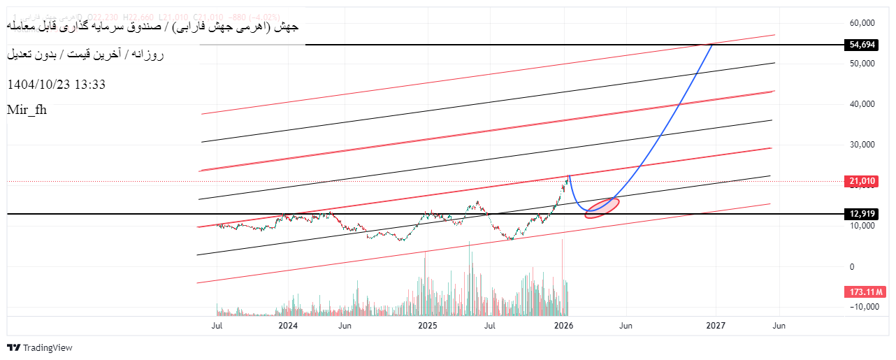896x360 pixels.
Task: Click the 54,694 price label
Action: (x=862, y=45)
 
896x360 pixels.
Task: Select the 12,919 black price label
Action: (x=862, y=213)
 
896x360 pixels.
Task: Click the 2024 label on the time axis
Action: (x=288, y=326)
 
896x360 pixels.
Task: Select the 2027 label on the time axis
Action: (x=716, y=326)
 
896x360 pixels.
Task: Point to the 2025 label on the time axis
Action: (x=427, y=326)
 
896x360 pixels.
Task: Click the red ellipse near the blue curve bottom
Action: (x=602, y=208)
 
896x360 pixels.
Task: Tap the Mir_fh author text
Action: (x=27, y=109)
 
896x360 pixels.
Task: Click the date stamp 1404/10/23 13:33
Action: (x=56, y=85)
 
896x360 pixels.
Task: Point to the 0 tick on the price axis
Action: (x=851, y=266)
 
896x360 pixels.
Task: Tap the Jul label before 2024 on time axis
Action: (x=217, y=326)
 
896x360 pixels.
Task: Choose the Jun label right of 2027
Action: (x=778, y=326)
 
